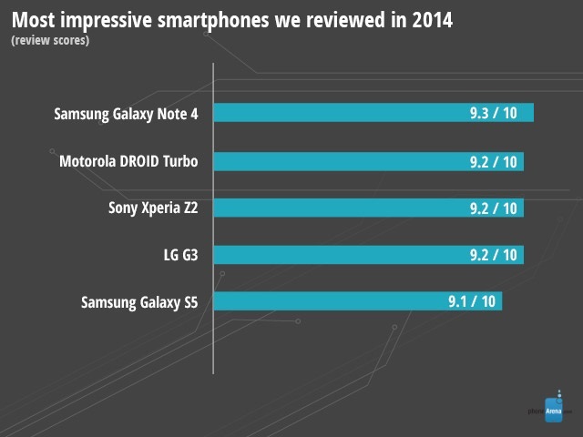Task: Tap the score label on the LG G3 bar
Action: click(493, 255)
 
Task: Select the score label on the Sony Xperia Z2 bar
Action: click(493, 208)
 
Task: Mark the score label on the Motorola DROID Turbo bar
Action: click(493, 160)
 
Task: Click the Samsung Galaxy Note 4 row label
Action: click(126, 114)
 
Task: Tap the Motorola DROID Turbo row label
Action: click(128, 161)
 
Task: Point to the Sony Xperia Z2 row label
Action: click(153, 208)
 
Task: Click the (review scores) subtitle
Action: click(50, 41)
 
